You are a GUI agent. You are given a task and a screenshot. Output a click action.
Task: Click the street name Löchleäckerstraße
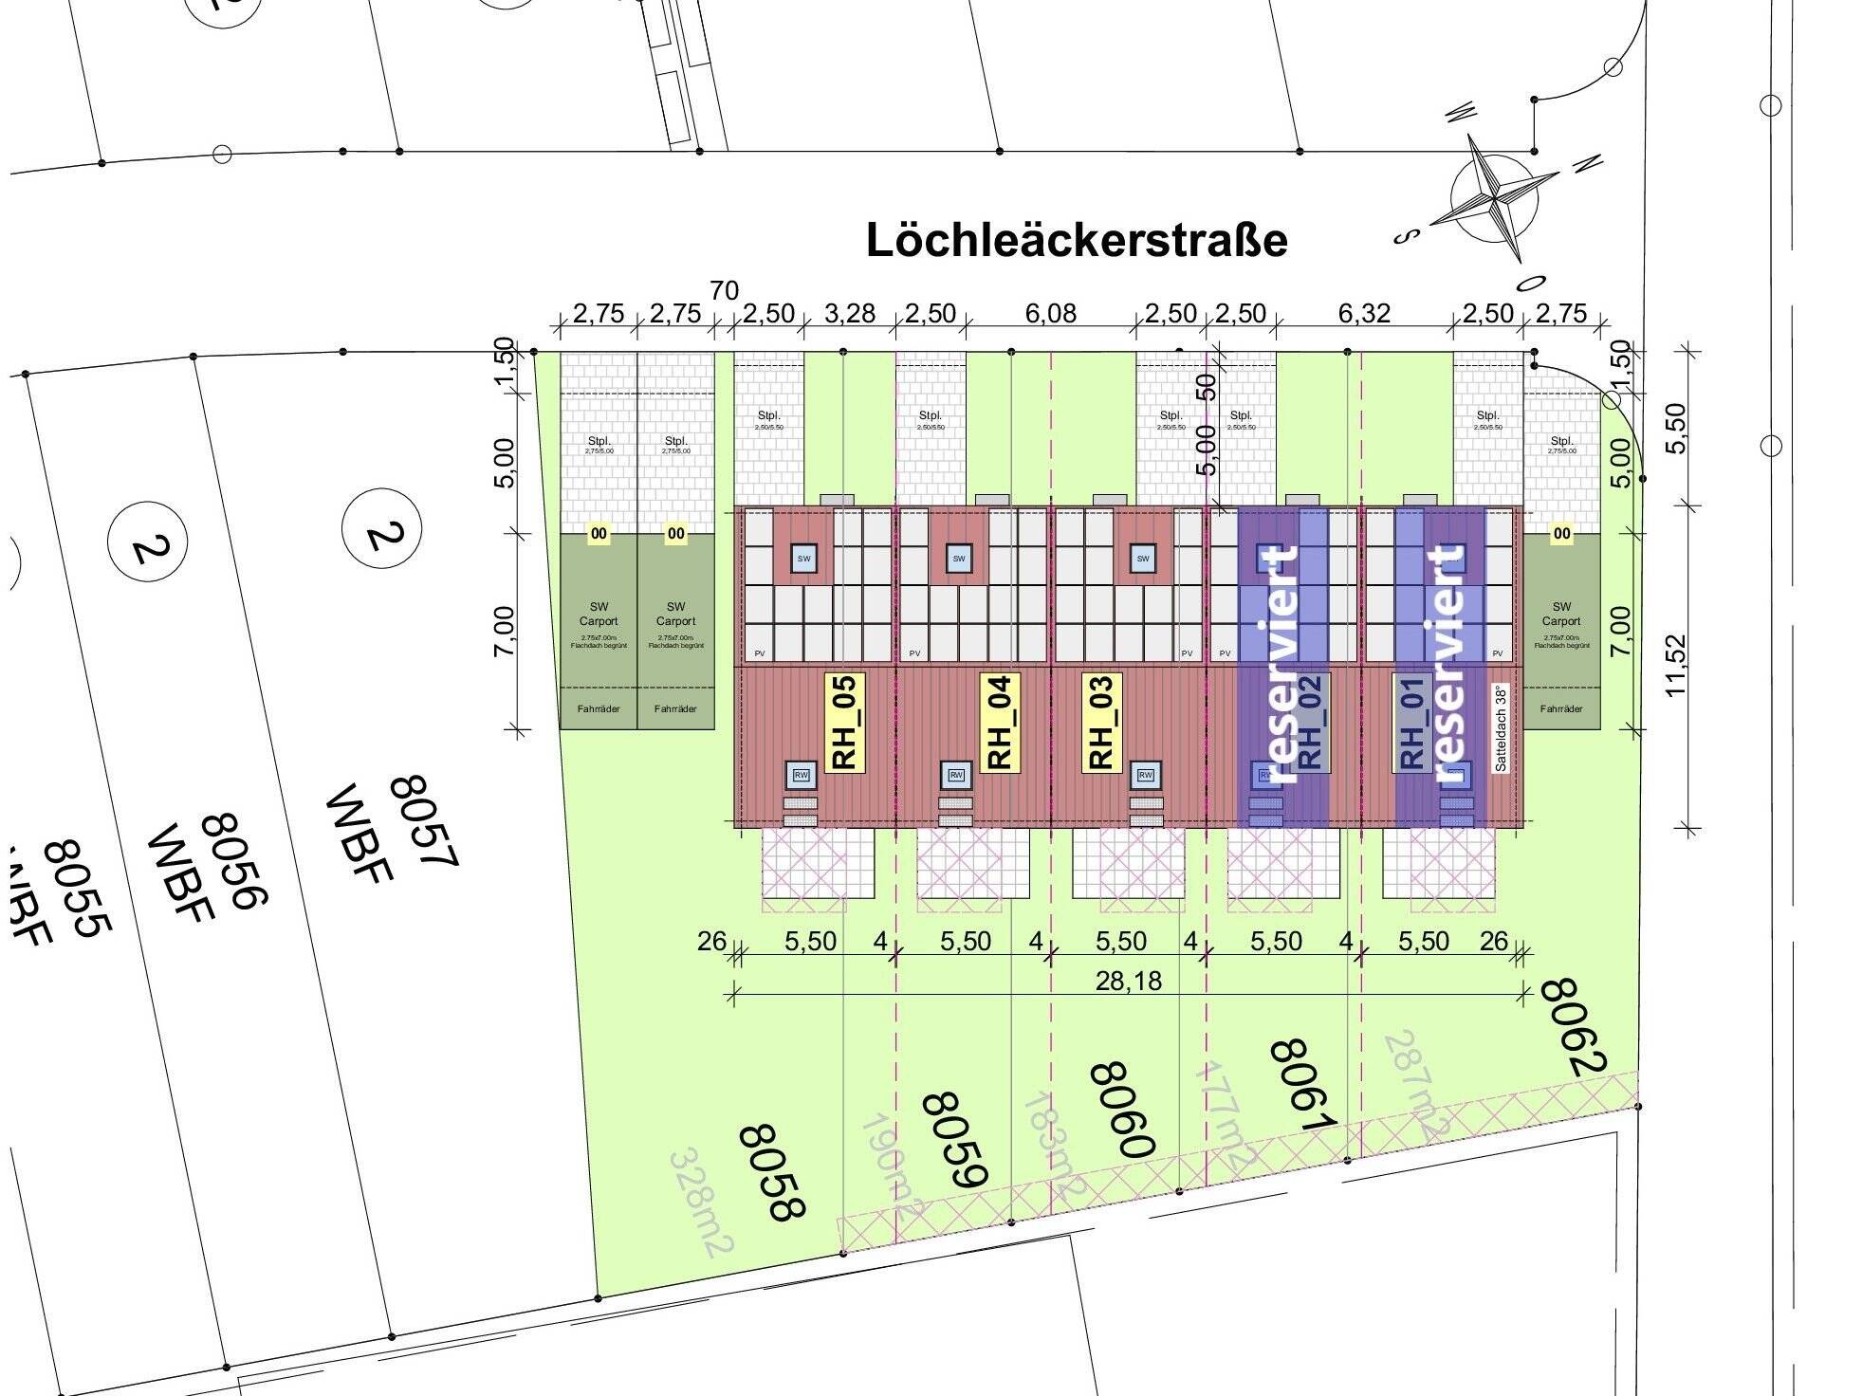(x=1077, y=241)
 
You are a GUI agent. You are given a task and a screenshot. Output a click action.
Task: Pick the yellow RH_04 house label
(x=1001, y=722)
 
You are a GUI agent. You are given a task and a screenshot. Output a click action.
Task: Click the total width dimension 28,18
(x=1128, y=981)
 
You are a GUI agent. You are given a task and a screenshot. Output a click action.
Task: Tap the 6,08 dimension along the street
(x=1050, y=313)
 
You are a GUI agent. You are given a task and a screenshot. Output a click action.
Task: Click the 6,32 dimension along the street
(x=1363, y=313)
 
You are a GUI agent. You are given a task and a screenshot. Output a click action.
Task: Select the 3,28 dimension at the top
(x=849, y=313)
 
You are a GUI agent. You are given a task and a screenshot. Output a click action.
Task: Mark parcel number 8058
(x=772, y=1172)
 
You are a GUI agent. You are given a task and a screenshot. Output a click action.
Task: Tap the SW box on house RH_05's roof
(x=803, y=559)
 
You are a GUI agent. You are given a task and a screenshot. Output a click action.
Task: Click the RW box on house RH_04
(x=956, y=776)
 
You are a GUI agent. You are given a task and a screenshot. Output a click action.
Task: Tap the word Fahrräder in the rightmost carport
(x=1561, y=709)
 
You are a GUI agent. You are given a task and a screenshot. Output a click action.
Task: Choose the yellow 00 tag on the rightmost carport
(x=1561, y=534)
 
